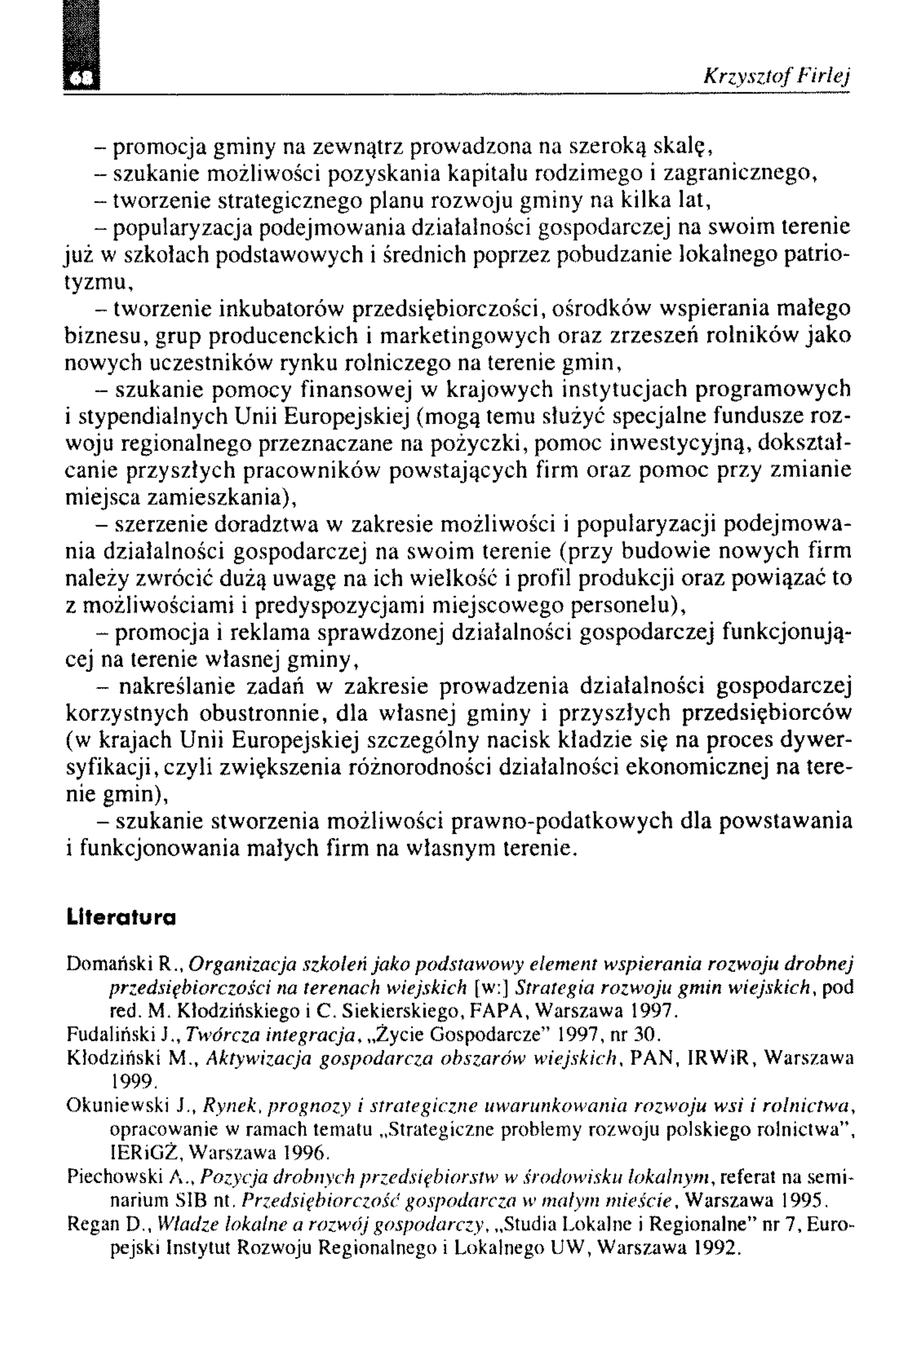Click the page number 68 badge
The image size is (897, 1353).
[81, 79]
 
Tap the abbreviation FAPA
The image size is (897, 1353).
[495, 1011]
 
